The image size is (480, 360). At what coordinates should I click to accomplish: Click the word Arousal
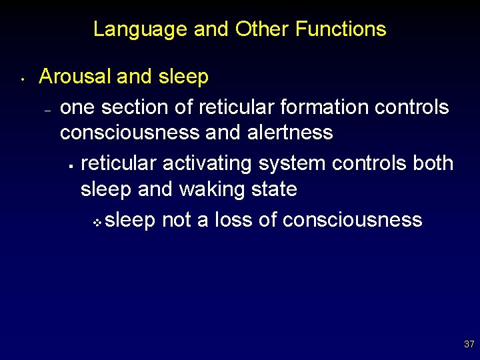(75, 77)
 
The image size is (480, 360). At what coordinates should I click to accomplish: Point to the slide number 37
(469, 345)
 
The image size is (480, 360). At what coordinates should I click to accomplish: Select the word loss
(233, 220)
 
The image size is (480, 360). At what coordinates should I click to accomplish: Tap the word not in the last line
(176, 220)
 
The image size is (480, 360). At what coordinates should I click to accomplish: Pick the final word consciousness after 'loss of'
(353, 220)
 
